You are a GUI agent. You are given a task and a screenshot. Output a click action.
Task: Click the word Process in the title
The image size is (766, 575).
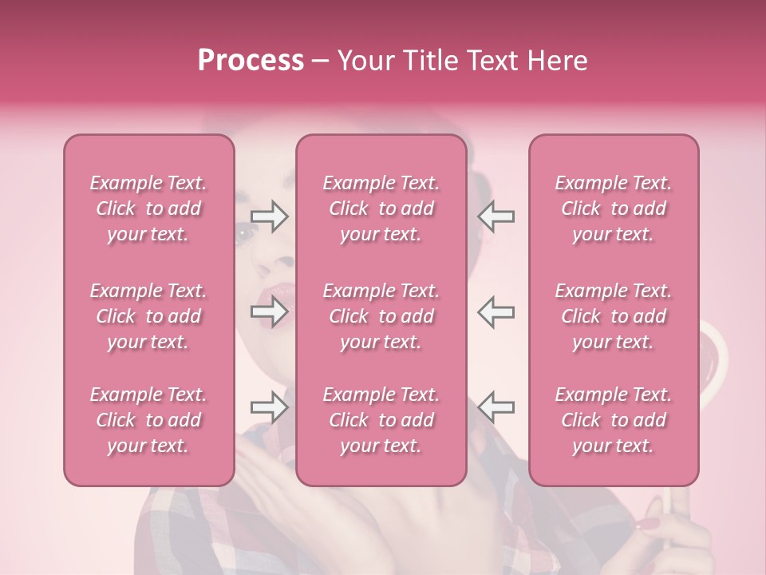[x=251, y=61]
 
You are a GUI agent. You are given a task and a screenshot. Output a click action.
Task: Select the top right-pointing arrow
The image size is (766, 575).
[x=270, y=216]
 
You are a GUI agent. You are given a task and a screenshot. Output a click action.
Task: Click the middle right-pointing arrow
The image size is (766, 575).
[x=270, y=311]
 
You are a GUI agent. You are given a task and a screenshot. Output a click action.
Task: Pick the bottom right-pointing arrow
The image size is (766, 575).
[x=270, y=407]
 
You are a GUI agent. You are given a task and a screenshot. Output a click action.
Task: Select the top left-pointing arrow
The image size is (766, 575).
[x=496, y=216]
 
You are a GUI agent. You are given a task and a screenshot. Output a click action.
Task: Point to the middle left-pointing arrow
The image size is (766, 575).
[x=496, y=311]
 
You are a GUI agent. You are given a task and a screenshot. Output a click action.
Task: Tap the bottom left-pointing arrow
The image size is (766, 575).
[x=496, y=407]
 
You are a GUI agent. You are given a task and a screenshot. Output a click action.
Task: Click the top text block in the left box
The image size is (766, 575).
[x=148, y=209]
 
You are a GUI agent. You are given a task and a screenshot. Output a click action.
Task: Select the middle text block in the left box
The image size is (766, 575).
[x=148, y=316]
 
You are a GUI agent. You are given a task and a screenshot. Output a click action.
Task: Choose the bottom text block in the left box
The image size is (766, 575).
[x=148, y=420]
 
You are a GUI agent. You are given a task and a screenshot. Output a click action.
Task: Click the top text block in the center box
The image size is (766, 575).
[x=381, y=209]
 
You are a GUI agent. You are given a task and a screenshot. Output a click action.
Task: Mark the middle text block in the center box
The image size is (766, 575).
[x=381, y=316]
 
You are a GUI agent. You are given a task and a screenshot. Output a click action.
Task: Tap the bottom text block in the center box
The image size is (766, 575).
[x=381, y=420]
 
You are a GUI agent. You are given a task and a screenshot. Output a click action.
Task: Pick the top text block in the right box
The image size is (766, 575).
[x=614, y=209]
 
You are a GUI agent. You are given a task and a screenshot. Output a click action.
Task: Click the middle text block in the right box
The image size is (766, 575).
[x=614, y=316]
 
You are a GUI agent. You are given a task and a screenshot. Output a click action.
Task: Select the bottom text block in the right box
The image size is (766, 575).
[x=614, y=420]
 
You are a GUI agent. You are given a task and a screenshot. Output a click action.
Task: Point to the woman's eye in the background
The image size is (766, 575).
[x=243, y=232]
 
